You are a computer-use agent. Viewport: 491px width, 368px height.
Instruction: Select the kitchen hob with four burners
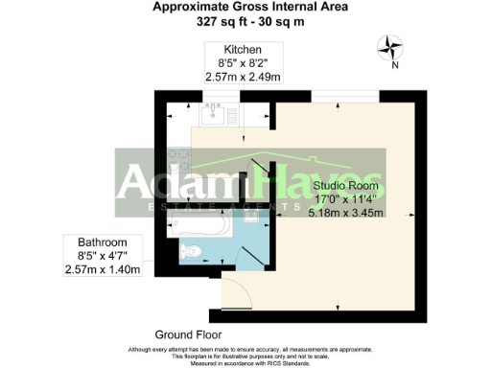point(177,156)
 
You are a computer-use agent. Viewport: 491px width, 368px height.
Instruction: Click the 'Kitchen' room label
point(243,49)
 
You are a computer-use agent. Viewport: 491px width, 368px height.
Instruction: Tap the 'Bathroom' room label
point(100,242)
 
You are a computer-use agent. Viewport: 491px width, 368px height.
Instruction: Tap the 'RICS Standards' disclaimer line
point(245,362)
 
